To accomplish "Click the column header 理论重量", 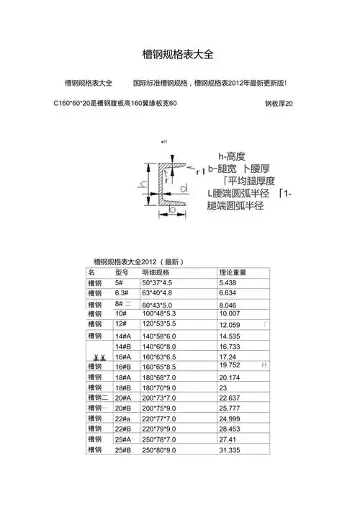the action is click(x=233, y=273).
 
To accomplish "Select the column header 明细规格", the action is click(x=155, y=273).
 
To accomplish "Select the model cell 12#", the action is click(x=121, y=325).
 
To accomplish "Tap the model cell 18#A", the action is click(x=123, y=377).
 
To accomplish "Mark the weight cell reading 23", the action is click(x=222, y=388).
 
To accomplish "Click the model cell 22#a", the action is click(x=123, y=419).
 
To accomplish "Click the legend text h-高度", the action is click(x=231, y=156).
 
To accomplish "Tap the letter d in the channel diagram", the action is click(x=184, y=189).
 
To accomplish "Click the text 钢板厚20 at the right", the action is click(x=279, y=104).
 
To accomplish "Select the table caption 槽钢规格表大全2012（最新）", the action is click(x=139, y=261).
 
